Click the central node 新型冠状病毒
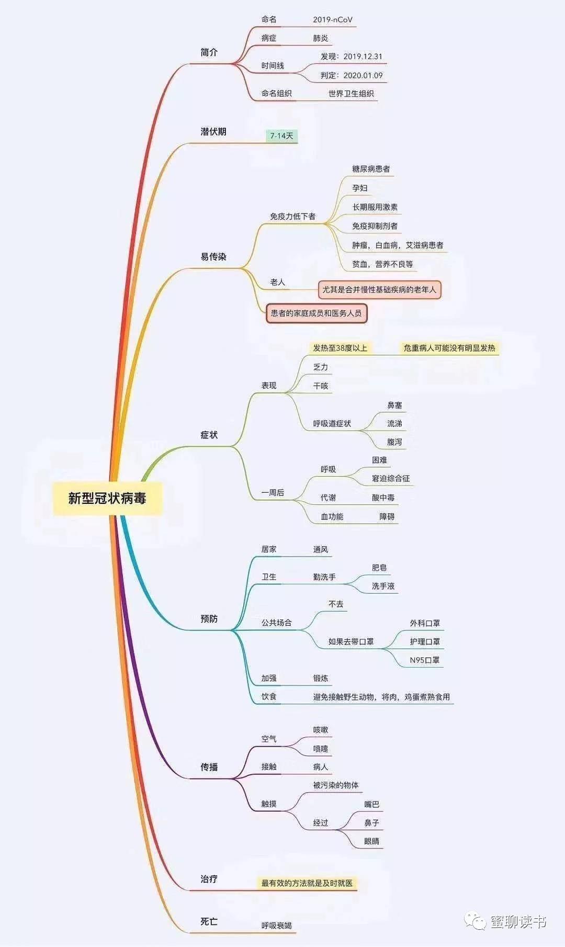pos(107,498)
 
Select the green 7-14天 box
pos(281,136)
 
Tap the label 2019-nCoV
pos(333,20)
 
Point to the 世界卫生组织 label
pos(351,94)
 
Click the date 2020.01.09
pos(363,75)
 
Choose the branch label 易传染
pos(213,257)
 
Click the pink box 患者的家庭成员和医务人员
pos(316,313)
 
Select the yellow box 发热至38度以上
pos(340,348)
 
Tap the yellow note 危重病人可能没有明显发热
pos(449,348)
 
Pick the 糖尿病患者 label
pos(371,169)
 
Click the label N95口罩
pos(425,660)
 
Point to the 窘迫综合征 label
pos(391,478)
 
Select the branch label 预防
pos(209,619)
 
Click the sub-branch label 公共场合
pos(277,623)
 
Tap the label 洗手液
pos(383,586)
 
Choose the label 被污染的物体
pos(336,785)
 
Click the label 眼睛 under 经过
pos(371,841)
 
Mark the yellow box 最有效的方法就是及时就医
pos(307,883)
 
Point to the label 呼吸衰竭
pos(277,926)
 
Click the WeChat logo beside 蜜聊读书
pos(476,921)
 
